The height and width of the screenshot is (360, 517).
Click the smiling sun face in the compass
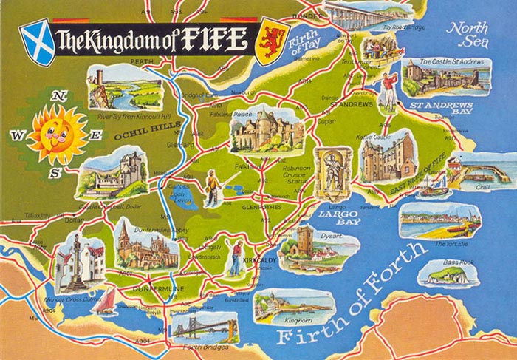tap(57, 133)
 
